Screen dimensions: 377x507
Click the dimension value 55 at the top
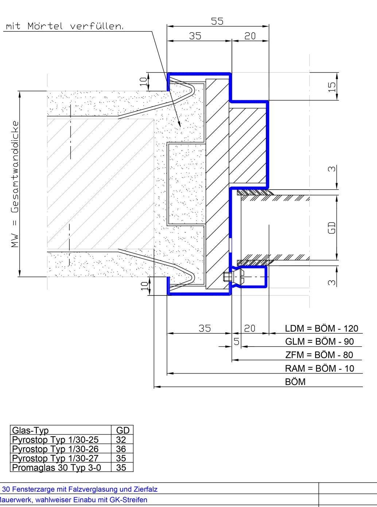coord(217,21)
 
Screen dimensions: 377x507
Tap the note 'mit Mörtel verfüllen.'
coord(65,26)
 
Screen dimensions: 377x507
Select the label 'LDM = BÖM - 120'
coord(322,329)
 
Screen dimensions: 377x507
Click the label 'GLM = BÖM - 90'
coord(319,341)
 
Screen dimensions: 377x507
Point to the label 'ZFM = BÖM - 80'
coord(319,355)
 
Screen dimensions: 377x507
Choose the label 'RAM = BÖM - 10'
coord(319,368)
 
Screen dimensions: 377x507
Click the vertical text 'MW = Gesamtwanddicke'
coord(15,184)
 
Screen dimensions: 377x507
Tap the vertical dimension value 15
coord(332,87)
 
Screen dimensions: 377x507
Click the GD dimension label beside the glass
coord(332,228)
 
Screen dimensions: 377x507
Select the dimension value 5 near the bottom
coord(237,341)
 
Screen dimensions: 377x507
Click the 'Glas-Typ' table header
coord(30,430)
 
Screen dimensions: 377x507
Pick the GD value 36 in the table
coord(121,449)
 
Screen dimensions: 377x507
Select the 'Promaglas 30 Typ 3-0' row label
coord(57,468)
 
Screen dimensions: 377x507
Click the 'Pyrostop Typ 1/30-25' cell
coord(55,440)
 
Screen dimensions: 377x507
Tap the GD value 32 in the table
coord(121,440)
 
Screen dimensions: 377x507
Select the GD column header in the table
coord(123,430)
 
